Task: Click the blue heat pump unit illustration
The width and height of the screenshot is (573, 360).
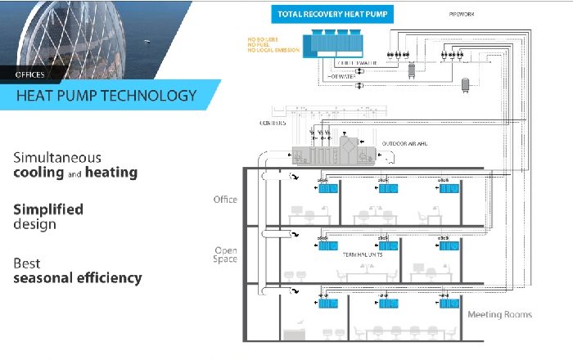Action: tap(331, 44)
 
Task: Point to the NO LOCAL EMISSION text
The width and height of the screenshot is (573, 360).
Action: tap(273, 51)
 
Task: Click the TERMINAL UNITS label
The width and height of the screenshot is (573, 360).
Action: tap(363, 254)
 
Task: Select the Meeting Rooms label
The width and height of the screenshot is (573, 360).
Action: tap(499, 315)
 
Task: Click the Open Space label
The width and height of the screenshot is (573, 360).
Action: tap(225, 254)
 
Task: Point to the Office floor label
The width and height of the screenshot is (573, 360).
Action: tap(224, 200)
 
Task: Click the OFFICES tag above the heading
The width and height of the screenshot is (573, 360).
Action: tap(30, 74)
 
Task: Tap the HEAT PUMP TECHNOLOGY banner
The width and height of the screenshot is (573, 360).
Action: tap(106, 96)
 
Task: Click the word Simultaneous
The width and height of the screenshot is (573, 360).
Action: tap(56, 157)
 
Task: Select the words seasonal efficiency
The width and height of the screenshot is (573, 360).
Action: tap(77, 278)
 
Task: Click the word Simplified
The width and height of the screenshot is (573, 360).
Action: tap(48, 209)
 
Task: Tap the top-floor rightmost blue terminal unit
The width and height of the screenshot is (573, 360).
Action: tap(449, 189)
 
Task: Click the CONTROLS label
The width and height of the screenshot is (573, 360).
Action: tap(273, 124)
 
